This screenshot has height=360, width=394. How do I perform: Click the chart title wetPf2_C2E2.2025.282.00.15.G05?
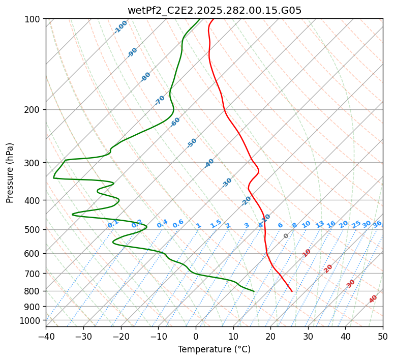(214, 10)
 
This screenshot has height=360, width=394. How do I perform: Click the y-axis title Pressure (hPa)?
(10, 173)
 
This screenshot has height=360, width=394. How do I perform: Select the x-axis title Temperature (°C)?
(214, 350)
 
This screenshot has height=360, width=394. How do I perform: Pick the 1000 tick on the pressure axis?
(31, 321)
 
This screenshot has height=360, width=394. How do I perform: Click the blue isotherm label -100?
(120, 27)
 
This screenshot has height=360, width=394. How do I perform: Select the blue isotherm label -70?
(160, 100)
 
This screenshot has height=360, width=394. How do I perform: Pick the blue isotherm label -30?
(227, 183)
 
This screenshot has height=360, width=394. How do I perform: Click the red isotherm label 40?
(373, 299)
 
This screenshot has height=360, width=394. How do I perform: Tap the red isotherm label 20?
(328, 268)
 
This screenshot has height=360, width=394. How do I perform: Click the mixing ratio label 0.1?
(113, 224)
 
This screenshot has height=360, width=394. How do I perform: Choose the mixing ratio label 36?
(377, 224)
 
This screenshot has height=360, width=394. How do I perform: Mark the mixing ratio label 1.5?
(216, 224)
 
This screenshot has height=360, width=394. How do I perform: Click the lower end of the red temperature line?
(292, 291)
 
